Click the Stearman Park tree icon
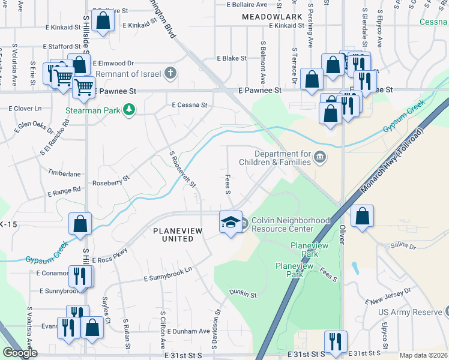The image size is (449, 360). (x=128, y=109)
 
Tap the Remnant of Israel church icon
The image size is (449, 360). (x=170, y=74)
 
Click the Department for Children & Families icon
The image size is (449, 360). (x=320, y=157)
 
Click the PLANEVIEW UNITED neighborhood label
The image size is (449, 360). (x=173, y=234)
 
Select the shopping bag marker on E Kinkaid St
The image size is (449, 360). (x=103, y=21)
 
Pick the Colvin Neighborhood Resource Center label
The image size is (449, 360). (x=291, y=224)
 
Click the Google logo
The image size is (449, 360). (x=20, y=353)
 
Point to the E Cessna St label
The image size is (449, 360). (x=189, y=105)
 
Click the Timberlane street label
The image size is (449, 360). (x=64, y=173)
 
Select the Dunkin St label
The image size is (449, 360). (x=243, y=295)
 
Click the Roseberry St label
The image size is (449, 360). (x=110, y=179)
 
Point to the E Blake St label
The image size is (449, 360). (x=232, y=58)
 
